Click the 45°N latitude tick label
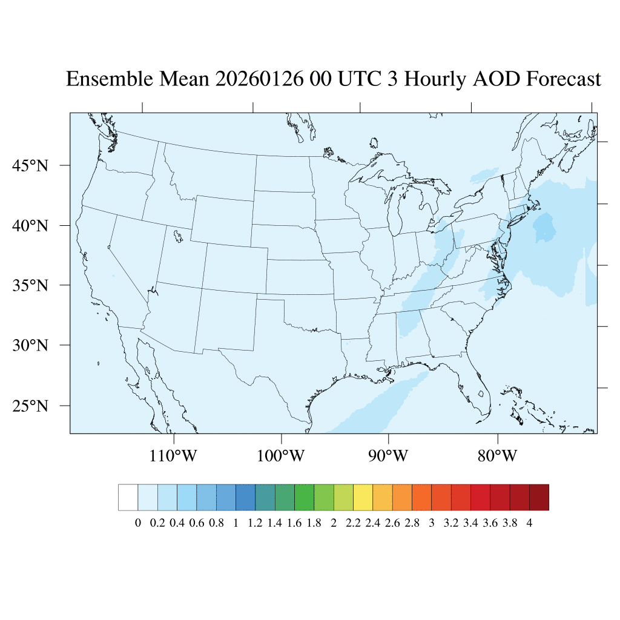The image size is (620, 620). (30, 165)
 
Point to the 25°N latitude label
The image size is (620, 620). (30, 406)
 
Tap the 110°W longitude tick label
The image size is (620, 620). (174, 455)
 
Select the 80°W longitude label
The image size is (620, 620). (497, 455)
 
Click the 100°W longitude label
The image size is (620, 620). (282, 455)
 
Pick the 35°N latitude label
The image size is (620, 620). (30, 285)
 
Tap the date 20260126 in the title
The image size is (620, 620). (259, 79)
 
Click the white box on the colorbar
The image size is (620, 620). (128, 497)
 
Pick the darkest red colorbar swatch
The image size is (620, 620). (539, 497)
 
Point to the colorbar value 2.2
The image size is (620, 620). (353, 524)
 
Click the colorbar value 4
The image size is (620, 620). (529, 524)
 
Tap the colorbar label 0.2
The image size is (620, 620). (157, 524)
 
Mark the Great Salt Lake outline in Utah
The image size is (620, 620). (176, 235)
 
